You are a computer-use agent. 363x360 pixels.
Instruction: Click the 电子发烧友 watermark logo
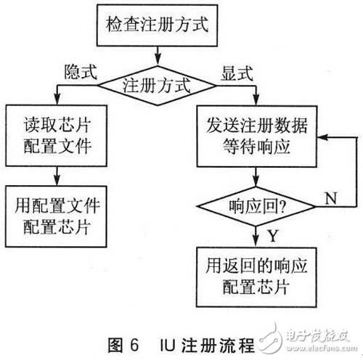coord(316,340)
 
